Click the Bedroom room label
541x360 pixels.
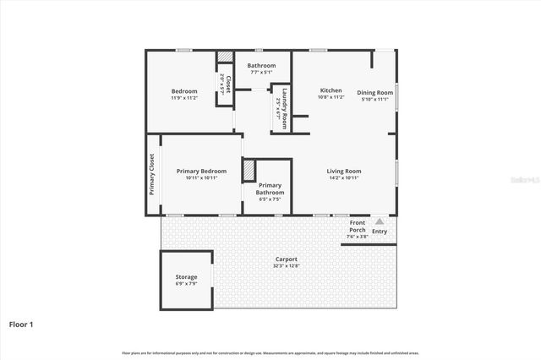pos(184,91)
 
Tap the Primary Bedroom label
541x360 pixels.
pos(201,172)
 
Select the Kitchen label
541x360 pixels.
pos(331,90)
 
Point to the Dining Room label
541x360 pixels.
pos(374,92)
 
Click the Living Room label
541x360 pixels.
pos(344,172)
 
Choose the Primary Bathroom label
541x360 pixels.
pos(270,188)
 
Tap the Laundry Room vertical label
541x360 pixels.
pos(285,109)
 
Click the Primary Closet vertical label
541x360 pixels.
pos(152,174)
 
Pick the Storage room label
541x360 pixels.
pos(186,277)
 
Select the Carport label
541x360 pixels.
pos(286,259)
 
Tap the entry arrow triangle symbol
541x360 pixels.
pos(380,221)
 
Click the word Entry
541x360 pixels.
pos(380,232)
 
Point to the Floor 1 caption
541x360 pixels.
pos(20,324)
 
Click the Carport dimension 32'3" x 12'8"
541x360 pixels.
pos(286,265)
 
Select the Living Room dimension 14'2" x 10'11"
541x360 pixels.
pos(344,177)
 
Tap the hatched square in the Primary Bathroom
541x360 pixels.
pos(249,170)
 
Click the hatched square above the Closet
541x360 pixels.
pos(225,57)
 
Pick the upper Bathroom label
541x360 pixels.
pos(261,66)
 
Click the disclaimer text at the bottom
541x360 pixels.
pos(270,352)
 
